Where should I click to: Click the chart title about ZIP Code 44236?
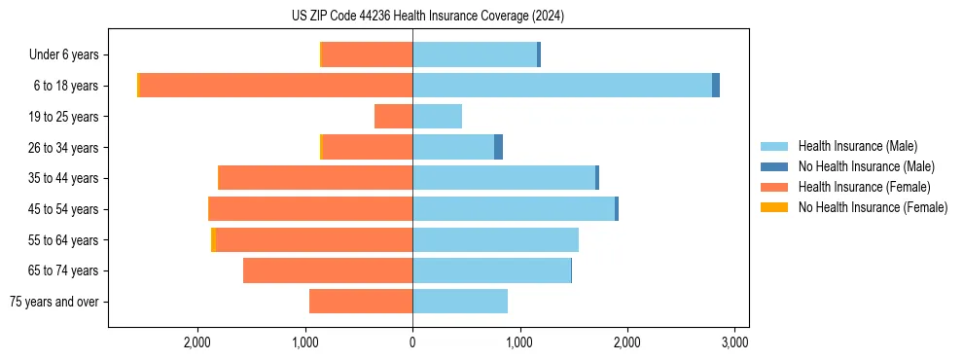pyautogui.click(x=428, y=16)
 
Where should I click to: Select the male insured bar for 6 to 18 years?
pyautogui.click(x=562, y=86)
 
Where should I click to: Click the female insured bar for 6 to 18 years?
pyautogui.click(x=276, y=86)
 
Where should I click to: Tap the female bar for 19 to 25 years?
pyautogui.click(x=394, y=117)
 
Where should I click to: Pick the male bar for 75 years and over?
pyautogui.click(x=460, y=302)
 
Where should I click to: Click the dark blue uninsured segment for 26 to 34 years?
pyautogui.click(x=498, y=147)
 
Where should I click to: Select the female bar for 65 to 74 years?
pyautogui.click(x=328, y=270)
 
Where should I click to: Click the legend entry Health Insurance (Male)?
pyautogui.click(x=857, y=146)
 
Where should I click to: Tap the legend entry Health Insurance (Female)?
pyautogui.click(x=864, y=187)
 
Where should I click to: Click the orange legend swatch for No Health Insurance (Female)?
pyautogui.click(x=774, y=207)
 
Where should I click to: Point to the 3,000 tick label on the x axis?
pyautogui.click(x=734, y=342)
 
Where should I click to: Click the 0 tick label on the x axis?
pyautogui.click(x=412, y=342)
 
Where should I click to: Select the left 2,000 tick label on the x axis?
pyautogui.click(x=197, y=342)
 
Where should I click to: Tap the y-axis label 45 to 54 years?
pyautogui.click(x=63, y=209)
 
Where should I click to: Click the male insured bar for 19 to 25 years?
pyautogui.click(x=437, y=117)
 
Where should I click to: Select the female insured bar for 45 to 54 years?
pyautogui.click(x=311, y=209)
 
